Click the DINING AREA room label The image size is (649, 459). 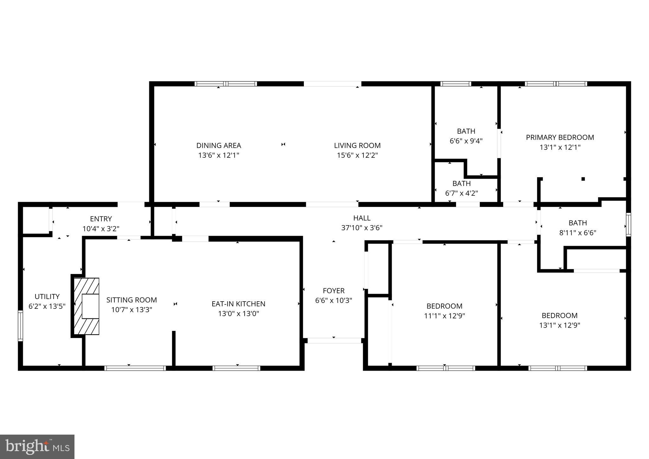pyautogui.click(x=219, y=145)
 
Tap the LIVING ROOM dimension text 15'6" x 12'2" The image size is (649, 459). pyautogui.click(x=357, y=155)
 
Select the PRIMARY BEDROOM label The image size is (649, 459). pyautogui.click(x=560, y=137)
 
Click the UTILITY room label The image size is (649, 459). pyautogui.click(x=47, y=296)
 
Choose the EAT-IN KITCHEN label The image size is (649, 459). pyautogui.click(x=238, y=304)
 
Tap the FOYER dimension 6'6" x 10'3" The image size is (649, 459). pyautogui.click(x=333, y=300)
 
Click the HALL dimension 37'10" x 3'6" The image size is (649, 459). pyautogui.click(x=362, y=228)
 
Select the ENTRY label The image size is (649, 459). pyautogui.click(x=101, y=219)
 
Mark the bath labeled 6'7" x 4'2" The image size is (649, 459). pyautogui.click(x=461, y=188)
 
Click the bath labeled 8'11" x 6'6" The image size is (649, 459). pyautogui.click(x=577, y=228)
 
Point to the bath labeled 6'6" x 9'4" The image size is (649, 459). pyautogui.click(x=466, y=136)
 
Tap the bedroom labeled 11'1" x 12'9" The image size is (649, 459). pyautogui.click(x=444, y=311)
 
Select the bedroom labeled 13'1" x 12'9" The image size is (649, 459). pyautogui.click(x=559, y=320)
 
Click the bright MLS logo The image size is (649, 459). pyautogui.click(x=37, y=447)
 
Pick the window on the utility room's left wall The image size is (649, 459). pyautogui.click(x=21, y=326)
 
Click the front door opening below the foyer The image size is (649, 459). pyautogui.click(x=334, y=341)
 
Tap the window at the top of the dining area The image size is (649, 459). pyautogui.click(x=226, y=84)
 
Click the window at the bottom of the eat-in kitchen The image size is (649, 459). pyautogui.click(x=236, y=368)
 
